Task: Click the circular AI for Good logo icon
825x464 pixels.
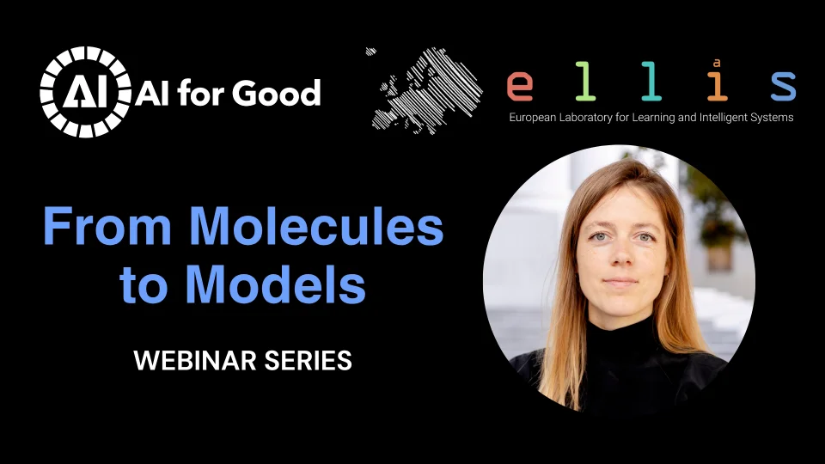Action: (84, 92)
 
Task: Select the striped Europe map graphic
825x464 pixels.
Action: (419, 89)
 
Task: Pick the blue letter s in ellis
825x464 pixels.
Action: (782, 86)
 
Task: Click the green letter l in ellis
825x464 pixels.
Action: (585, 83)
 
